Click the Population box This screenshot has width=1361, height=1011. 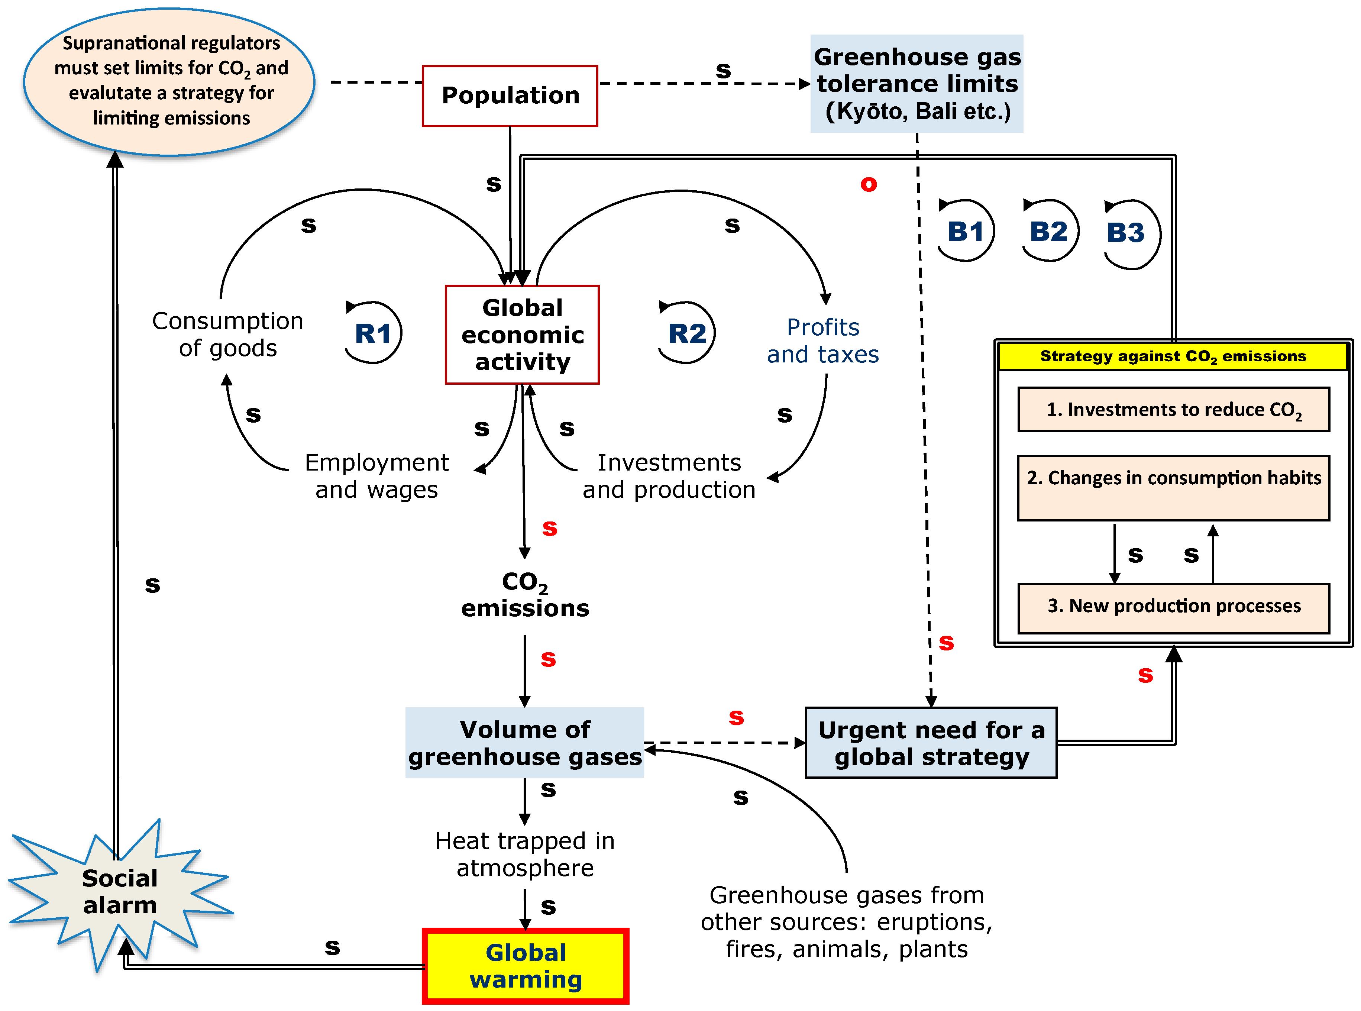[x=510, y=96]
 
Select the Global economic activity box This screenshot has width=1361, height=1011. [x=522, y=335]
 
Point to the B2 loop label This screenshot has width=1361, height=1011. [x=1048, y=231]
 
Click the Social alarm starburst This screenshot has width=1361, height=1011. [x=120, y=892]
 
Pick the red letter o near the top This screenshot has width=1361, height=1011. [x=869, y=184]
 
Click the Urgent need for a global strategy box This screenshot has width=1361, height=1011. [x=931, y=743]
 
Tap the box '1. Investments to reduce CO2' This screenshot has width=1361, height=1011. [x=1173, y=410]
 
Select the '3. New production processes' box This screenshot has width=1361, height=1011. [x=1173, y=607]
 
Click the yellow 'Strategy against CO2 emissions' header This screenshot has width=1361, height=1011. [x=1173, y=356]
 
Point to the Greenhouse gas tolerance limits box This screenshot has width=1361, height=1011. [x=917, y=84]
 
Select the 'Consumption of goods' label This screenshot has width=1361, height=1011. [x=228, y=334]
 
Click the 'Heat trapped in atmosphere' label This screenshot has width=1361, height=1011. [x=525, y=854]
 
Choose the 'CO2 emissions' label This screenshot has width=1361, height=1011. [x=525, y=594]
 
